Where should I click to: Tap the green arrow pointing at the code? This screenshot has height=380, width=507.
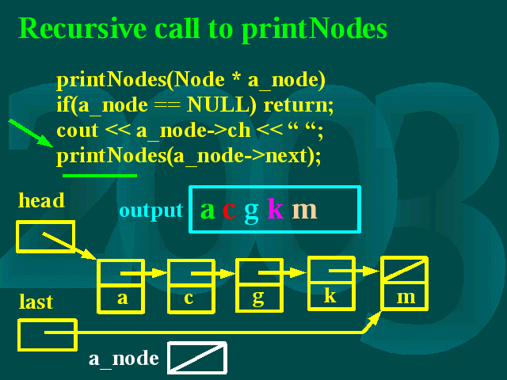(31, 133)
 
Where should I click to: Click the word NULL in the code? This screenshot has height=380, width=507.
(221, 104)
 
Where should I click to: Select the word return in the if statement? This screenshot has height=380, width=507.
(299, 105)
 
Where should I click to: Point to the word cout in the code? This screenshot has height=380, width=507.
(78, 131)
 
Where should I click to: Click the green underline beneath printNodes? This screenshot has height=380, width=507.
(100, 176)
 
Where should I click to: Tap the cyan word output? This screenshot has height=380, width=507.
(151, 211)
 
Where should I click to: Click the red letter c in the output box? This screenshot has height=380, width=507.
(229, 211)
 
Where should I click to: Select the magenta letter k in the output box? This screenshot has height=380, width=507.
(276, 208)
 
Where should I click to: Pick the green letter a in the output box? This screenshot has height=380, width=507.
(208, 211)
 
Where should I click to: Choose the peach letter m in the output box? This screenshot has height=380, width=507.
(304, 211)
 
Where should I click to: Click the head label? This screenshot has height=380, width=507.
(41, 200)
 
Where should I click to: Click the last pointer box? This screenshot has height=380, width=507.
(19, 335)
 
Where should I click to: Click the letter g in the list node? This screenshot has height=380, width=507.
(258, 298)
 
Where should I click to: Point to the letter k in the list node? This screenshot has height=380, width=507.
(330, 294)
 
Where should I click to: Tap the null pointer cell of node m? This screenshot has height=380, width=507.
(404, 269)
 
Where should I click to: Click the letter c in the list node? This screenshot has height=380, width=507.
(189, 298)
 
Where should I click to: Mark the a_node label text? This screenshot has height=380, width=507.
(124, 358)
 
